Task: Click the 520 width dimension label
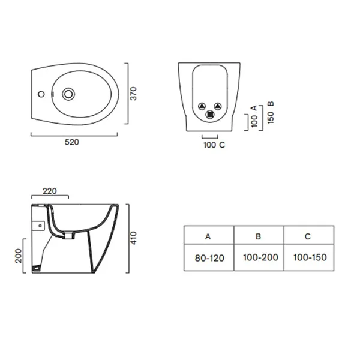point(72,142)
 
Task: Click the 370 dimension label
point(133,94)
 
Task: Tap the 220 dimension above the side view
point(50,191)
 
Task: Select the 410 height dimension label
point(134,238)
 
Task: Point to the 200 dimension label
point(18,256)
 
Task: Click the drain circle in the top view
point(68,94)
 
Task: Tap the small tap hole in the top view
point(41,94)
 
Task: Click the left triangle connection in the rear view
point(202,106)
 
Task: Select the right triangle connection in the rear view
point(218,106)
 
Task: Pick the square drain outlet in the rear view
point(210,115)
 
